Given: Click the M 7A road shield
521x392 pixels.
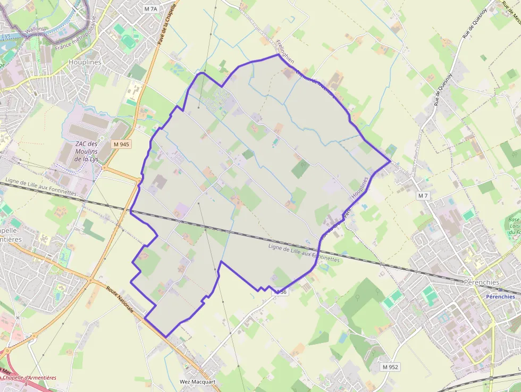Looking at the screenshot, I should [151, 9].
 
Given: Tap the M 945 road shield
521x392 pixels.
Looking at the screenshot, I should [121, 144].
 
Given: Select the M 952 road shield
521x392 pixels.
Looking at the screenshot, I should [391, 367].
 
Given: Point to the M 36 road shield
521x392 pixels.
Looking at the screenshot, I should [281, 292].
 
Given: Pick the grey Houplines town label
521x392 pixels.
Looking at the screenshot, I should [85, 62].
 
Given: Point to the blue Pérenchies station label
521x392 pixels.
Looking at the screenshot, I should [500, 296].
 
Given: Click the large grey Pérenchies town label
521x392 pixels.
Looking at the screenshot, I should [482, 282].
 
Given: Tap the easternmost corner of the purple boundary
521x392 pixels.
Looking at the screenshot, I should [391, 161].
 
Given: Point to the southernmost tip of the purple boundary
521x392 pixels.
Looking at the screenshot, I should [167, 337].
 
